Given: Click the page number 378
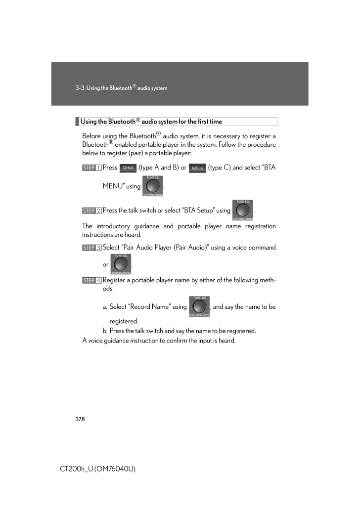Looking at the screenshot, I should (x=80, y=419).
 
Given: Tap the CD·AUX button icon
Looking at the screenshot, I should (x=128, y=168).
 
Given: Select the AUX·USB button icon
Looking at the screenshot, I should (x=197, y=168).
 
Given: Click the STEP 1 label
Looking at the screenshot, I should (x=92, y=168).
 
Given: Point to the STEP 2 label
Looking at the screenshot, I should (x=92, y=211).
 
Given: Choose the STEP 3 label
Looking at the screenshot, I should (x=92, y=248).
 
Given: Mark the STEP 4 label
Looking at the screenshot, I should (x=92, y=281).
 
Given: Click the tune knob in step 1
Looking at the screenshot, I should (x=153, y=186).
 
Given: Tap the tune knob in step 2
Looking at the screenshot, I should (x=242, y=210).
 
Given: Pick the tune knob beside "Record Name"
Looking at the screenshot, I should (x=199, y=306).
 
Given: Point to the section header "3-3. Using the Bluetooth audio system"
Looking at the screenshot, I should (x=121, y=88).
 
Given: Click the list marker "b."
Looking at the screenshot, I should (x=105, y=331).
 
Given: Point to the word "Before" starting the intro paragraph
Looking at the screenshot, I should (x=91, y=136).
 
